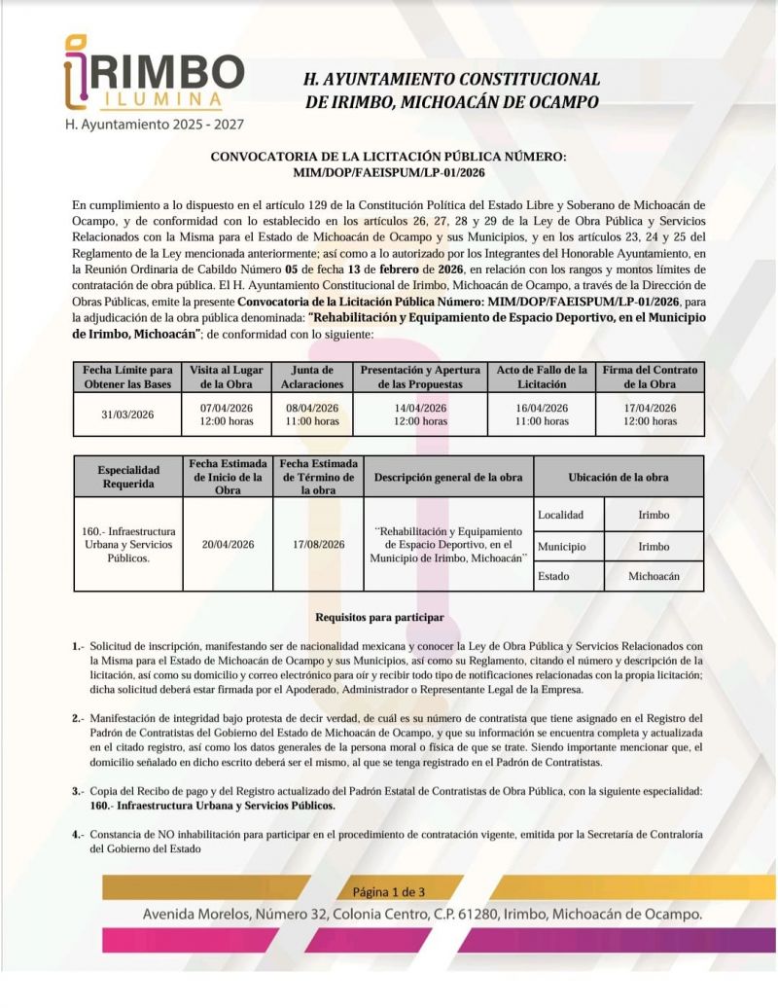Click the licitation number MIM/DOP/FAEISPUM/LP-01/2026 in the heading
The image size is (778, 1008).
388,171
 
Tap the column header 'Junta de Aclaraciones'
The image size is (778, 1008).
313,377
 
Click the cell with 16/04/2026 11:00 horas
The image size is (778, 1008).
542,414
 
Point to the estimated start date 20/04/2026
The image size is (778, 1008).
229,545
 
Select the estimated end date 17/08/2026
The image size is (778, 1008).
318,545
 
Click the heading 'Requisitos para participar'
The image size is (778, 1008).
380,618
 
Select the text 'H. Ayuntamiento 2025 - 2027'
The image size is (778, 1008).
154,125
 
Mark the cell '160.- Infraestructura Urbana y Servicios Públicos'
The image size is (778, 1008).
128,545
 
